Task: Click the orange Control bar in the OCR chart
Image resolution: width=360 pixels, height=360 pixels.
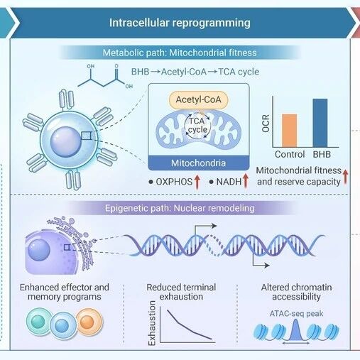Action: click(289, 131)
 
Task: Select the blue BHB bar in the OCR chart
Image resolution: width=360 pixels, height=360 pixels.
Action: click(320, 123)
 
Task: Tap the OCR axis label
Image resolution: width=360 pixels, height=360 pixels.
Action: click(266, 123)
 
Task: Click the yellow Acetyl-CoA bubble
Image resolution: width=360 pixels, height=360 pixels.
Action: click(198, 99)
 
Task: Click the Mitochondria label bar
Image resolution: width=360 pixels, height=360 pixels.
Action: click(199, 163)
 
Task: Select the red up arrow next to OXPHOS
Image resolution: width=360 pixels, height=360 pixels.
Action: click(197, 182)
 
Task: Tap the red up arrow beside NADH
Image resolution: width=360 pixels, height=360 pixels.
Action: click(246, 181)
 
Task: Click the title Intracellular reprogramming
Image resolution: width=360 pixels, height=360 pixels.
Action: click(180, 23)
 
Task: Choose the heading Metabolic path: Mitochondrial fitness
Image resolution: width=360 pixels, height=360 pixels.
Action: click(180, 53)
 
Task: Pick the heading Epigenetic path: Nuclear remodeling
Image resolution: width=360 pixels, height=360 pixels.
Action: click(180, 208)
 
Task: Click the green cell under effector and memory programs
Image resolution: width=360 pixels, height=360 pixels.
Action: click(39, 322)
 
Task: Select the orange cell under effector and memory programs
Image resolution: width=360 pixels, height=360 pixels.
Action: click(89, 322)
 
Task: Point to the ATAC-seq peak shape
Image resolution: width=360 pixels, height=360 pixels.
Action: click(295, 329)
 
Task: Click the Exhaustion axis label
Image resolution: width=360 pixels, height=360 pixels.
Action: click(152, 323)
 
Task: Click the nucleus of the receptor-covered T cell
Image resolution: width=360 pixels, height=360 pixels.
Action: click(65, 141)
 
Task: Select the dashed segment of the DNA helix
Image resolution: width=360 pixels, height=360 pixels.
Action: click(215, 246)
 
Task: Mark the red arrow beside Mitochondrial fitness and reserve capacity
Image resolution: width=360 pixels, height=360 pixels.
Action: click(346, 176)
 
